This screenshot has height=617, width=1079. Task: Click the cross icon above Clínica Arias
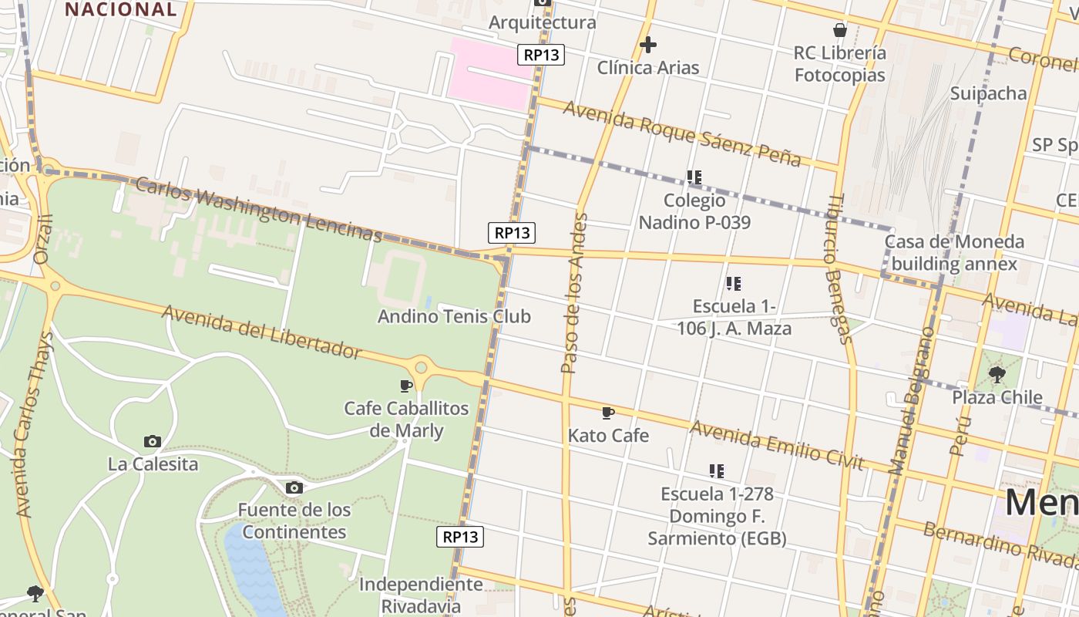pyautogui.click(x=648, y=45)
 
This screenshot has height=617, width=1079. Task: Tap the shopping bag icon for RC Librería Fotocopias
pyautogui.click(x=840, y=30)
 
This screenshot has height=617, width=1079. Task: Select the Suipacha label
pyautogui.click(x=989, y=93)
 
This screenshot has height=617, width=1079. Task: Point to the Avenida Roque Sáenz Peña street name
pyautogui.click(x=682, y=133)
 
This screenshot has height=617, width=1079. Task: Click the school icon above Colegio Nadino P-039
pyautogui.click(x=694, y=177)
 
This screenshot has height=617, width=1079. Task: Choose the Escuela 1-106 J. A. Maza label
pyautogui.click(x=733, y=317)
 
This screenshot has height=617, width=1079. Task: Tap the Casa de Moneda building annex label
pyautogui.click(x=954, y=253)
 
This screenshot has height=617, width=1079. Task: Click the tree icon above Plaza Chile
pyautogui.click(x=997, y=375)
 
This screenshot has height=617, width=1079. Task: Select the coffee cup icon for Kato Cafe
pyautogui.click(x=608, y=413)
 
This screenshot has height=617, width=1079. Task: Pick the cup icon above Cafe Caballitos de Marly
pyautogui.click(x=406, y=385)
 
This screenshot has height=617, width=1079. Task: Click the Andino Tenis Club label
pyautogui.click(x=454, y=316)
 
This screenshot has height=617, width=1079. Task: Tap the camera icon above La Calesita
pyautogui.click(x=153, y=441)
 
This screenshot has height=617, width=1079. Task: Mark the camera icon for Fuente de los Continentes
pyautogui.click(x=294, y=487)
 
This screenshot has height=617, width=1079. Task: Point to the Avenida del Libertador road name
pyautogui.click(x=261, y=332)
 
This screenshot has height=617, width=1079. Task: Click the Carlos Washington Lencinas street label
pyautogui.click(x=259, y=209)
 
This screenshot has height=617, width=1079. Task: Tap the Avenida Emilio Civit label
pyautogui.click(x=776, y=445)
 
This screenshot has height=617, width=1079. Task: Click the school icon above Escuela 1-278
pyautogui.click(x=717, y=470)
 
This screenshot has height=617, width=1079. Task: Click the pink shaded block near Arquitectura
pyautogui.click(x=490, y=72)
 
